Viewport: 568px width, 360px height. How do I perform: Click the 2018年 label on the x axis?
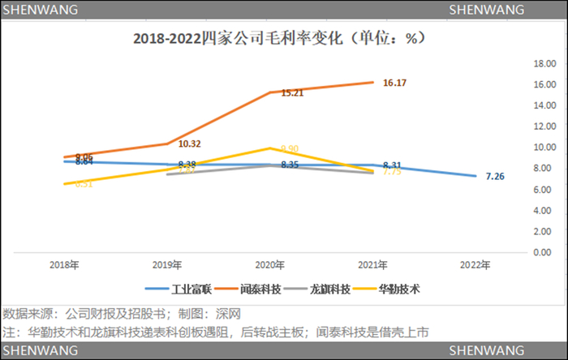[64, 264]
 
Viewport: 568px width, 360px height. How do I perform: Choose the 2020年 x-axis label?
[270, 264]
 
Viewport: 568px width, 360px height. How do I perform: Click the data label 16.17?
[394, 83]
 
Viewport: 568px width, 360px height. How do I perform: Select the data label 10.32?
[189, 144]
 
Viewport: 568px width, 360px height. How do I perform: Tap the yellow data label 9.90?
[290, 148]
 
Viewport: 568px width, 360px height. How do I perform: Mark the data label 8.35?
[290, 165]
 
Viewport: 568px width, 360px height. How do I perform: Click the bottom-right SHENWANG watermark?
[486, 350]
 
